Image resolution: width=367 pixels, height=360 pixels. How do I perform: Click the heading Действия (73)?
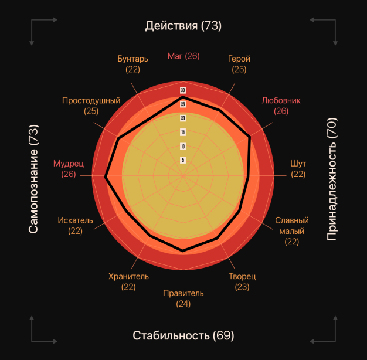point(183,26)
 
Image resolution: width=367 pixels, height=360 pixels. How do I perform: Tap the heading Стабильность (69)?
point(183,335)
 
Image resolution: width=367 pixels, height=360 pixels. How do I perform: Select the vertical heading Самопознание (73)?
point(33,179)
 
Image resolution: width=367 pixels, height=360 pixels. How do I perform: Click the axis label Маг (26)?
point(183,56)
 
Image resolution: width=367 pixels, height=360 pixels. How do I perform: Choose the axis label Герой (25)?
point(239,64)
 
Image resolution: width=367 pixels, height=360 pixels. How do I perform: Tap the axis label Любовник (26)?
point(281,105)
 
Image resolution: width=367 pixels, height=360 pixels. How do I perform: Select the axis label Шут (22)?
point(298,169)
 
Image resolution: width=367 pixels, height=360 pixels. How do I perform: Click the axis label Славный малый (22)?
point(292,231)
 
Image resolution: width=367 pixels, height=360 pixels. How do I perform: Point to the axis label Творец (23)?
point(242,281)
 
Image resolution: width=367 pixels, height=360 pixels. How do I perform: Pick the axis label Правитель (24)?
point(183,298)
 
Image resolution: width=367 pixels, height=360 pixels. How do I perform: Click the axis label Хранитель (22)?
point(128,281)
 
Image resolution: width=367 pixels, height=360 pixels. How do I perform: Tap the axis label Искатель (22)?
point(75,226)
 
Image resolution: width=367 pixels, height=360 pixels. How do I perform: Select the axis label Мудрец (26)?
point(69,169)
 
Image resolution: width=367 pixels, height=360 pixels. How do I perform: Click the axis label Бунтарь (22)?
point(132,64)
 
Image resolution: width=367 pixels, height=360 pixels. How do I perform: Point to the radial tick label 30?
point(183,90)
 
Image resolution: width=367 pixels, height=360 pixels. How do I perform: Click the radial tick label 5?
point(183,159)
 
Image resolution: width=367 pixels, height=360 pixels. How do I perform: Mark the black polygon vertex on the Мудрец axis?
point(106,176)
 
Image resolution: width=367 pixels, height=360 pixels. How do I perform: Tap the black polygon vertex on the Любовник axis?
point(250,137)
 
